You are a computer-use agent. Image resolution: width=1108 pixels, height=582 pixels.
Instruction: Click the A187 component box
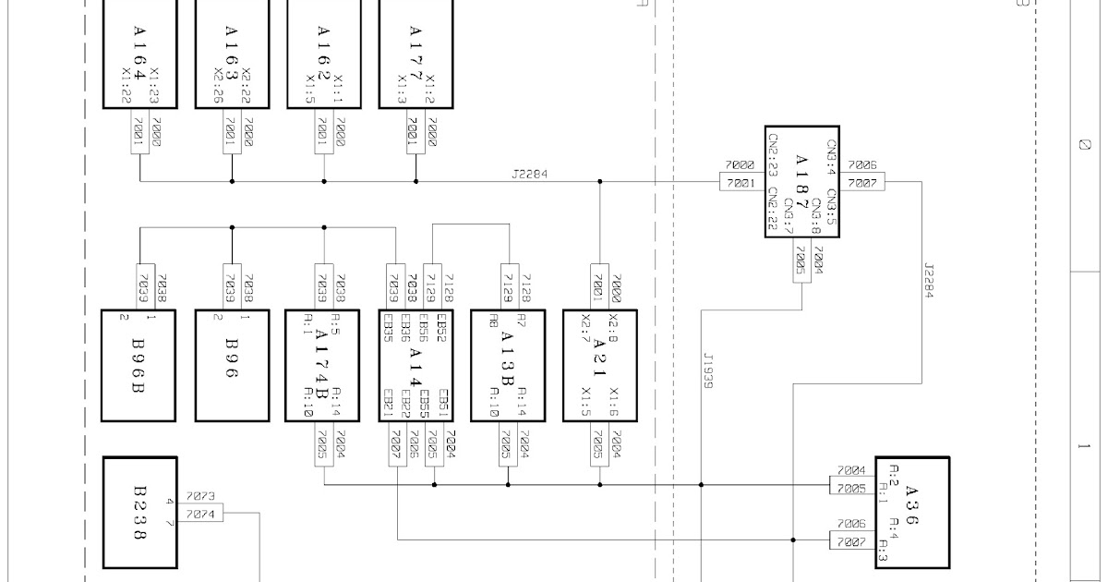tap(801, 181)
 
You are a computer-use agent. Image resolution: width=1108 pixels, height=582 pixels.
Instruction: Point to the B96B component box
tap(138, 365)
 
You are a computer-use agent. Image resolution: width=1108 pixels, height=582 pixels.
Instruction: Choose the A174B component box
tap(324, 365)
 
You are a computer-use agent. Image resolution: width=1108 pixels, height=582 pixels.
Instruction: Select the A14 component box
tap(415, 365)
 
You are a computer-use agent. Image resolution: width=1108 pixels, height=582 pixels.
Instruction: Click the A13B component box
tap(508, 365)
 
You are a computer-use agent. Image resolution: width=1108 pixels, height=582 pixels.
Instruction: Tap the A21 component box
tap(599, 365)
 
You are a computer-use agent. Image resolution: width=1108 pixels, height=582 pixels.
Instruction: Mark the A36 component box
tap(912, 512)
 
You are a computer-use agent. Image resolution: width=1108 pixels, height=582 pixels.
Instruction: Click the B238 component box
tap(138, 513)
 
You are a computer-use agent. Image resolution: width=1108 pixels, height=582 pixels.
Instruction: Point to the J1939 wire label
tap(708, 370)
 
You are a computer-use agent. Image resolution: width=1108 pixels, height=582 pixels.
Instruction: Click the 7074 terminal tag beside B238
tap(200, 515)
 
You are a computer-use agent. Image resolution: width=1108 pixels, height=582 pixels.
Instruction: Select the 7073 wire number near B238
tap(200, 497)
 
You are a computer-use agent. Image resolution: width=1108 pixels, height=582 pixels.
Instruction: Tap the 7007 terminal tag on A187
tap(861, 183)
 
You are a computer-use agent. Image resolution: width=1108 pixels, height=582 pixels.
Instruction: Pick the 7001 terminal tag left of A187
tap(741, 183)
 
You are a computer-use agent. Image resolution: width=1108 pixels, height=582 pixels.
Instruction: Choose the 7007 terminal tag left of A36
tap(851, 541)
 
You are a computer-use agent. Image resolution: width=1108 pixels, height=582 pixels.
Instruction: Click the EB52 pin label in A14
tap(441, 327)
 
